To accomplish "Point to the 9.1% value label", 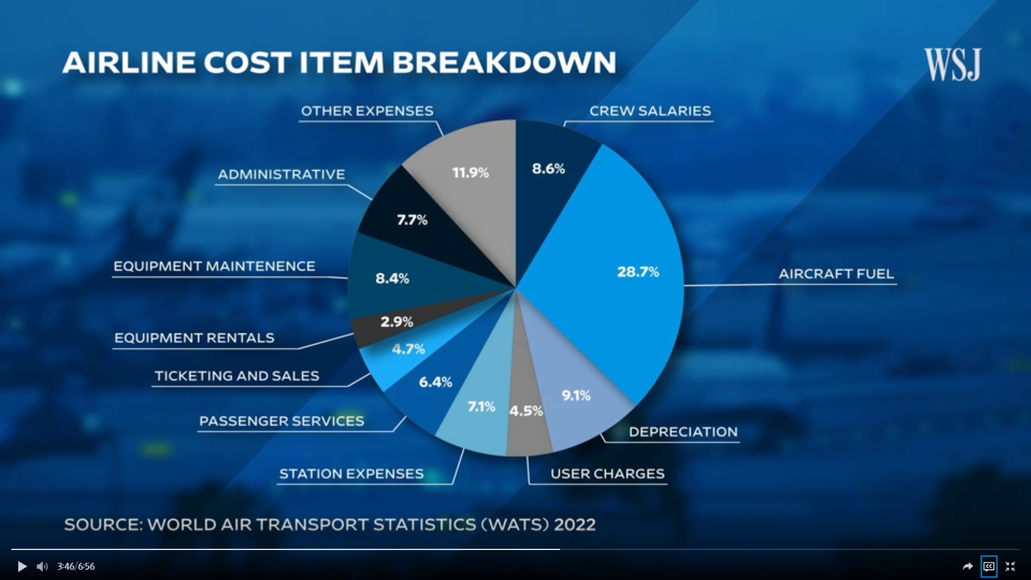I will pos(576,396).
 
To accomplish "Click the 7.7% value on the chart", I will pos(412,220).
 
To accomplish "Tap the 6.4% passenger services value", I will pos(435,382).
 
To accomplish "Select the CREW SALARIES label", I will pos(650,111).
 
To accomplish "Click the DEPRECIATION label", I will pos(683,432).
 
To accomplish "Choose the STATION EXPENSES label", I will pos(351,474).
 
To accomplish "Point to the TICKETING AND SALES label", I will pos(237,376).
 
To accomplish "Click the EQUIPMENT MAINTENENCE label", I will pos(214,266).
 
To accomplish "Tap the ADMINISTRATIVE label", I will pos(281,175).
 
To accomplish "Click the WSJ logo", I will pos(953,64).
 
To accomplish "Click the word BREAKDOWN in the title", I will pos(504,62).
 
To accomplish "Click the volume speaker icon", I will pos(42,567).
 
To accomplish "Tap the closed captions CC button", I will pos(989,567).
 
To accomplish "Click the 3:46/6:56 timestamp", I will pos(76,567).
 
